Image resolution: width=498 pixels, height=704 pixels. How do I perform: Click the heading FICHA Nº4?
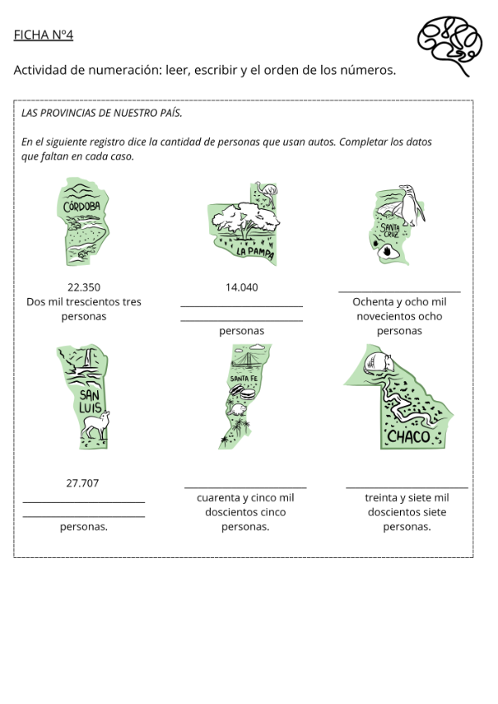click(x=43, y=35)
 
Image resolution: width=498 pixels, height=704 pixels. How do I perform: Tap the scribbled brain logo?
click(x=450, y=43)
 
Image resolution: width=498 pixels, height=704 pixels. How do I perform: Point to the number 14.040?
click(x=242, y=287)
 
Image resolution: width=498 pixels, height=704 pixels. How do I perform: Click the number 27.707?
click(x=83, y=482)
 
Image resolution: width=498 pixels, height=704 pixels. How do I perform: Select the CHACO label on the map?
click(x=408, y=436)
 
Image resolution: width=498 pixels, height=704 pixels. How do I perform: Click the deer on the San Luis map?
click(x=96, y=424)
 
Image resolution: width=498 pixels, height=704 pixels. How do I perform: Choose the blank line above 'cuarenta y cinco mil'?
click(x=245, y=487)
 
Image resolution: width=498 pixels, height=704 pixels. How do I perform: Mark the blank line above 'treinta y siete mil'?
click(x=407, y=487)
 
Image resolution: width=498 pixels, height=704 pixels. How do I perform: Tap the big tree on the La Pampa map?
click(x=245, y=218)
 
